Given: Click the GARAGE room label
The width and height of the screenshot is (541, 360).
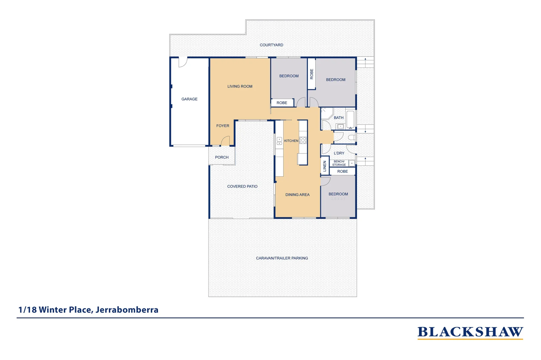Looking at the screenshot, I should point(189,99).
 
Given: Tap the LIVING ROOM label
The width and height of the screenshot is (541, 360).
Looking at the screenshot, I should point(240,86).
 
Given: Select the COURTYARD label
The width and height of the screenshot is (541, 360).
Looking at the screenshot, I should point(271,45).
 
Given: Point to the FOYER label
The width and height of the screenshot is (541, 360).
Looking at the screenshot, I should point(223,126).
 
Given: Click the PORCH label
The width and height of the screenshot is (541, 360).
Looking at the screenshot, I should point(222,157).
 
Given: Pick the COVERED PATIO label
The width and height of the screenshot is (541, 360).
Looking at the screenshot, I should point(242,186).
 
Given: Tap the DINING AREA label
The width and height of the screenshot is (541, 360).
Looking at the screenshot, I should point(297,195).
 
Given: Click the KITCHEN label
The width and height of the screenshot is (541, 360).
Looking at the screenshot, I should point(291,141).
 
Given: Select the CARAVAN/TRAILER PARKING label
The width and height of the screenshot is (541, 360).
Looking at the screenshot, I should point(282,258).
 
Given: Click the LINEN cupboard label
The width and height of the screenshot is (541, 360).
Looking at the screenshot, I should point(325,166).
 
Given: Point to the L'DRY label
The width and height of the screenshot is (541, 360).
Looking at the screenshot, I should point(339,153).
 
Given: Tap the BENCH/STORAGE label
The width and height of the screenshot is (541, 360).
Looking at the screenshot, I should point(339,163).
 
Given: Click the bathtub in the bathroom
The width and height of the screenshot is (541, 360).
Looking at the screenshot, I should point(350,119).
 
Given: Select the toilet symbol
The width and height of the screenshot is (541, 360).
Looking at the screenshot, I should point(352,137).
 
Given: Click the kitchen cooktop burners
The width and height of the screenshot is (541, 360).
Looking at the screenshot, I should point(303,140).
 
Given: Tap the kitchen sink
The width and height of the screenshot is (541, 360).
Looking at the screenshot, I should point(279,141).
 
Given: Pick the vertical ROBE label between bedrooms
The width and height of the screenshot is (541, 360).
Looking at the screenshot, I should point(312,74).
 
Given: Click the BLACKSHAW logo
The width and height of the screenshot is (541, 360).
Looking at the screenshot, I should point(470,332).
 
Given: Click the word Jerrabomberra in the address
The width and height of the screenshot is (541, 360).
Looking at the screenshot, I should point(127,310).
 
